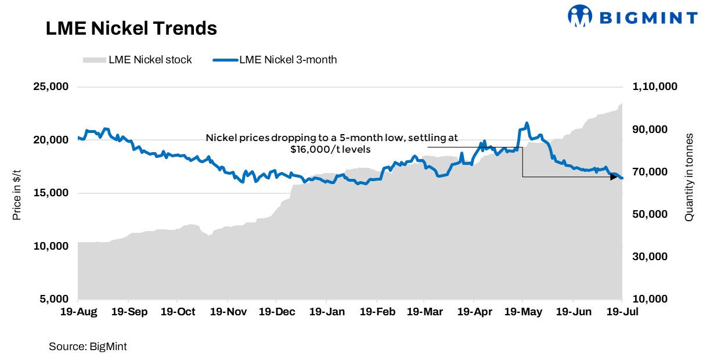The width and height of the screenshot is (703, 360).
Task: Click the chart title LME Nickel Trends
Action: [x=131, y=28]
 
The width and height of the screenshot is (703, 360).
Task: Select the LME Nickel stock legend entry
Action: [x=138, y=59]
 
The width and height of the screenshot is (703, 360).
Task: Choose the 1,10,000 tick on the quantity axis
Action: [x=655, y=87]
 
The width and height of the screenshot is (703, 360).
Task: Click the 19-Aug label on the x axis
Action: [x=78, y=312]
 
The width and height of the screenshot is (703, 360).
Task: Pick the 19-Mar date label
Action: [x=424, y=312]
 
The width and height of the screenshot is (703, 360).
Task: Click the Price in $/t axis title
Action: [x=17, y=193]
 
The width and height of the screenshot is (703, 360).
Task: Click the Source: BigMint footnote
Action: [x=88, y=347]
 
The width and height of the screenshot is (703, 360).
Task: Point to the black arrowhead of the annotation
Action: [x=614, y=177]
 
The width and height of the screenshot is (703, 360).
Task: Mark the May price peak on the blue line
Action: [x=527, y=123]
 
